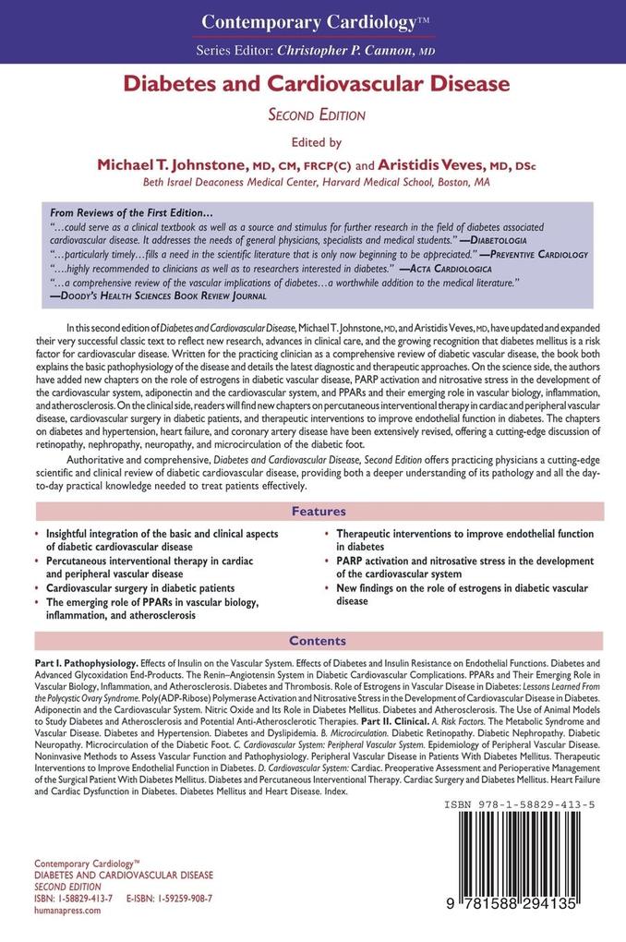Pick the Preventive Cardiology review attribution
click(536, 253)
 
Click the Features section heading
click(319, 512)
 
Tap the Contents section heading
click(319, 641)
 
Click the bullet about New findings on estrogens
click(462, 594)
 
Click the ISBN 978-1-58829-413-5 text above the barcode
click(519, 805)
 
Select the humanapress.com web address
click(67, 910)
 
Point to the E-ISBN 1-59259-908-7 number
click(170, 898)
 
